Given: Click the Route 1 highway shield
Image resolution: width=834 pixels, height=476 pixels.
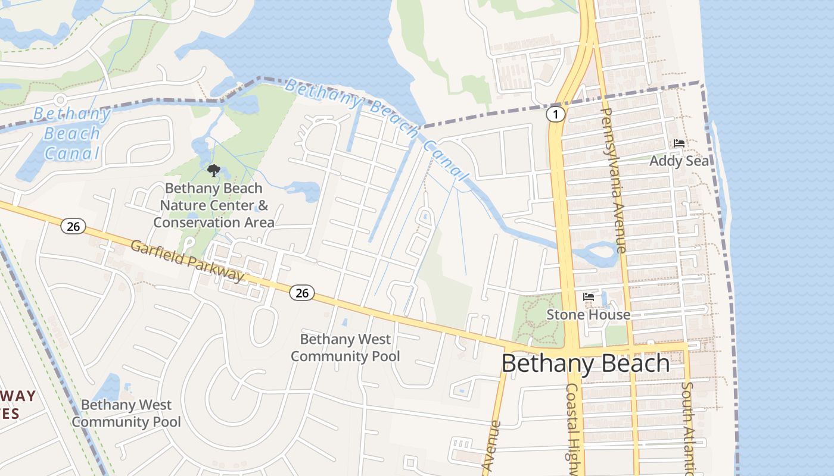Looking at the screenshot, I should pyautogui.click(x=555, y=114).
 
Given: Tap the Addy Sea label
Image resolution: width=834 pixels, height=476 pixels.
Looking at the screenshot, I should pyautogui.click(x=679, y=161).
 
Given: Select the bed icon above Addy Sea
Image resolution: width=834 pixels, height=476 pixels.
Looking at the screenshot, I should pyautogui.click(x=679, y=143).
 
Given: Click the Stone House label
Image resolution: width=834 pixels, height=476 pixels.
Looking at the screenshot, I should pyautogui.click(x=588, y=315).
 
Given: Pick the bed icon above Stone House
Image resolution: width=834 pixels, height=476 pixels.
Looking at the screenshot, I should pyautogui.click(x=589, y=296).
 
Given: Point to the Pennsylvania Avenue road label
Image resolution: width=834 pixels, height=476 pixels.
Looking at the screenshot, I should pyautogui.click(x=614, y=180).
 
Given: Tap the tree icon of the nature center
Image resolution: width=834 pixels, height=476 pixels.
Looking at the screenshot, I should pyautogui.click(x=213, y=171).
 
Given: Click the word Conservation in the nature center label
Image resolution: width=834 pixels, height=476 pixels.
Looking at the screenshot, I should pyautogui.click(x=196, y=223).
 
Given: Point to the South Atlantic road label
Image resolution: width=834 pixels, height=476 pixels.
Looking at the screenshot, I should pyautogui.click(x=688, y=428).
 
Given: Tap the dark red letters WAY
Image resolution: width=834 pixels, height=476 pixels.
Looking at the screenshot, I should pyautogui.click(x=18, y=396).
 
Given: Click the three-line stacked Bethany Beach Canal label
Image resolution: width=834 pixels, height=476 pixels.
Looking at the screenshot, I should pyautogui.click(x=72, y=133).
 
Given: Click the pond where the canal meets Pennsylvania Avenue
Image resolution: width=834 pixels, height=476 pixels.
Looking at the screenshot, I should pyautogui.click(x=599, y=253).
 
